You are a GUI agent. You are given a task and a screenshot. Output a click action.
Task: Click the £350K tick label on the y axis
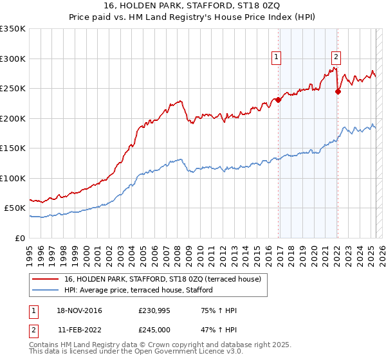tap(13, 29)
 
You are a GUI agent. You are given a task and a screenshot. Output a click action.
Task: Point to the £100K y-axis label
tap(13, 178)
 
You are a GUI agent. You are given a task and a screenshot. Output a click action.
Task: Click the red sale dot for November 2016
tap(279, 100)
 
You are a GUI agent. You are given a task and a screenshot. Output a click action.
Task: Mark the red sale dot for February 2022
tap(338, 91)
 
